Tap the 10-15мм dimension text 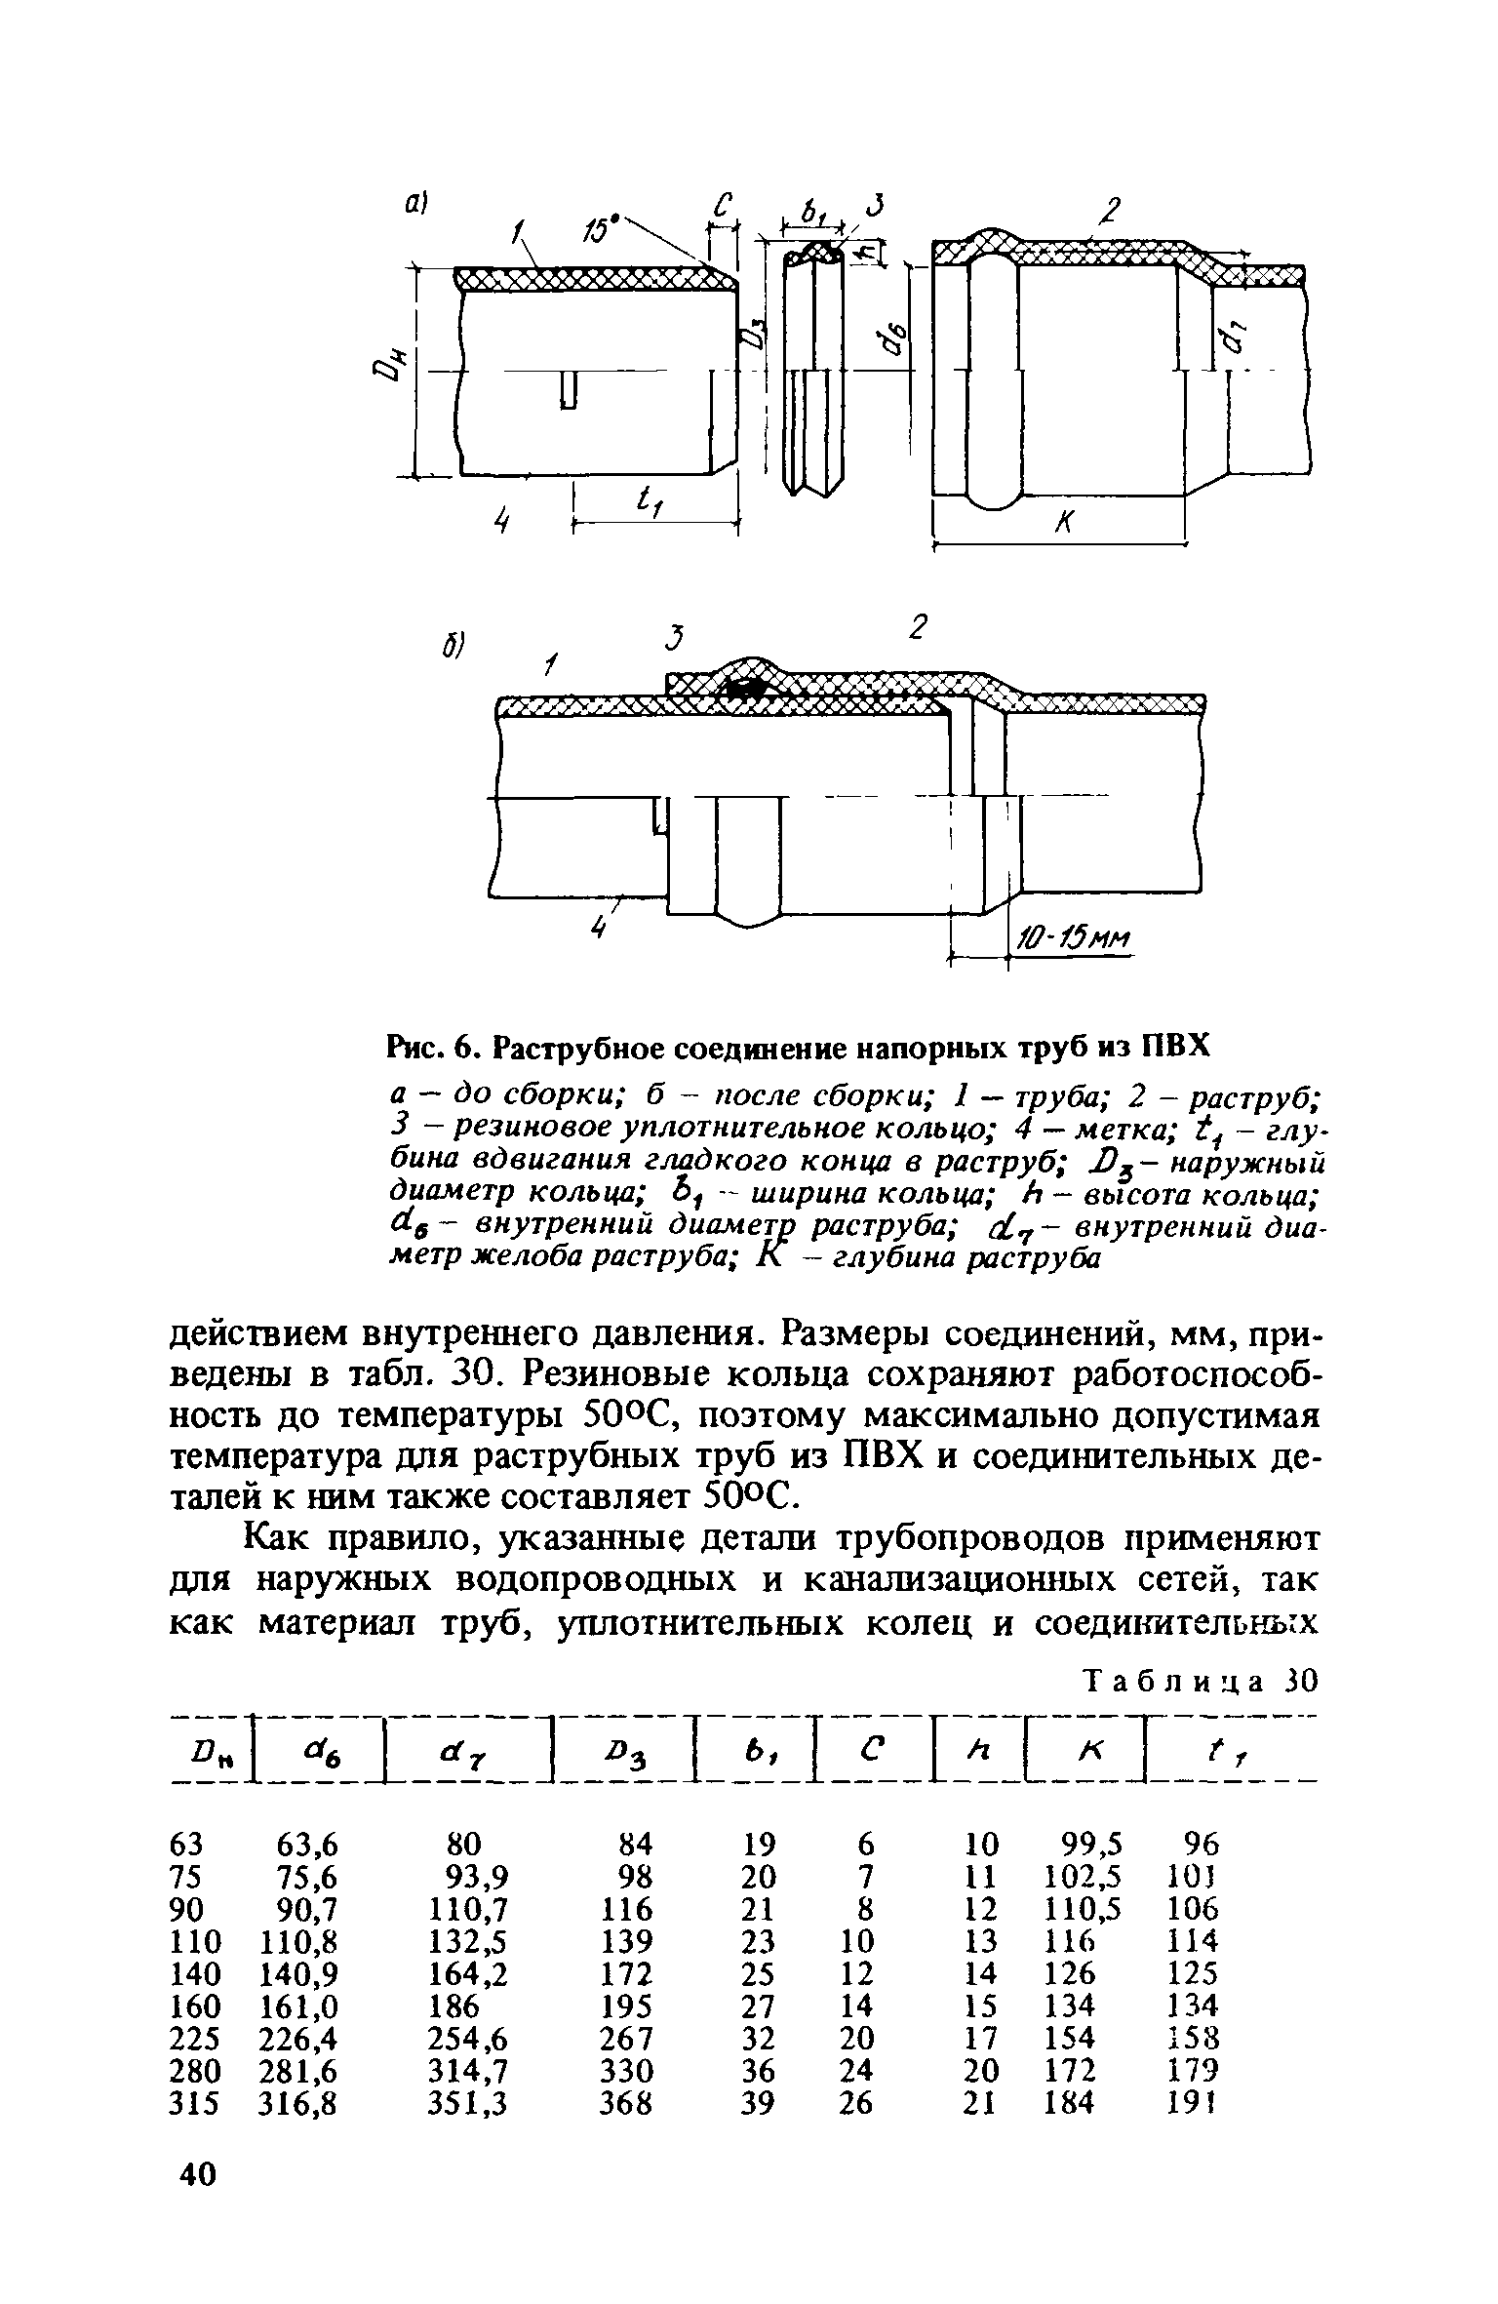(1071, 939)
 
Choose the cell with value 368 (626, 2102)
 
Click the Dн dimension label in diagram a (386, 376)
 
